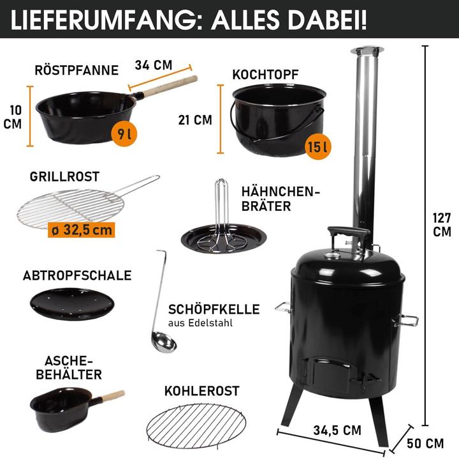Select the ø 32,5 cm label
click(81, 228)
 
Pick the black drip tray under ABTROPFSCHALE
click(71, 304)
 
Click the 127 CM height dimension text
click(441, 224)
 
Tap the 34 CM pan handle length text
click(154, 65)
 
